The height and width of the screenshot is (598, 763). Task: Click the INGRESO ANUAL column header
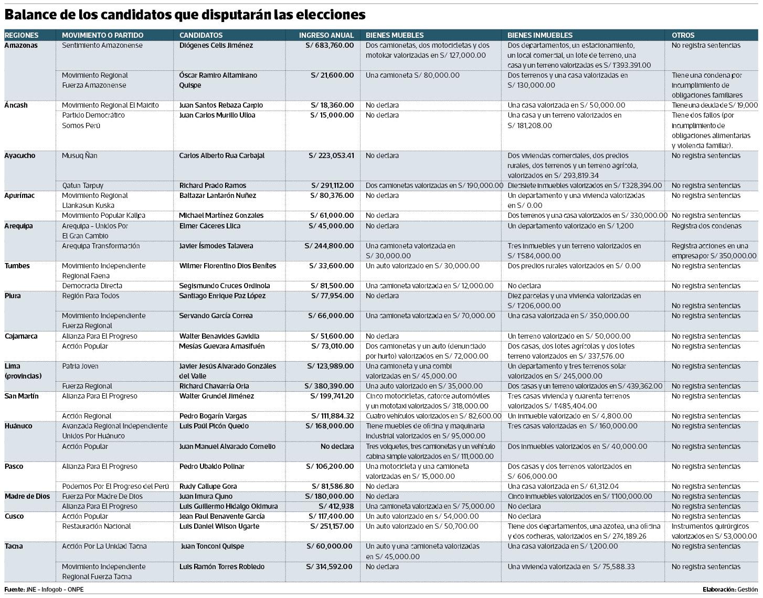(326, 35)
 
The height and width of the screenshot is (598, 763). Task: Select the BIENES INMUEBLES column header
(539, 35)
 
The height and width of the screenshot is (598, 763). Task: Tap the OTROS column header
(683, 35)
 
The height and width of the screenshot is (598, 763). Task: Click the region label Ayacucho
(20, 155)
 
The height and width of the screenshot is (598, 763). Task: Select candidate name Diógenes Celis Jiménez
(216, 45)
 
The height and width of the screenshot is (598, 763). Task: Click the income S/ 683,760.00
(329, 45)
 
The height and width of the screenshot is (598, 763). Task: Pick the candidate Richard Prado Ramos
(213, 185)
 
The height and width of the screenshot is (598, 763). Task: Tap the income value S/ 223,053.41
(331, 155)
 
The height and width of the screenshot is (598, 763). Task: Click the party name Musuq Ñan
(79, 155)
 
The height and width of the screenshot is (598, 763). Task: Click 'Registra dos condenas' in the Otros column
(706, 226)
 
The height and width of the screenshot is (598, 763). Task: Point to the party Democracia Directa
(92, 286)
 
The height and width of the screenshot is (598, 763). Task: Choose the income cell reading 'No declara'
(337, 446)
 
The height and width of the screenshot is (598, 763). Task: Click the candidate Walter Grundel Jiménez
(216, 396)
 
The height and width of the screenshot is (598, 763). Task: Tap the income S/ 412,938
(336, 506)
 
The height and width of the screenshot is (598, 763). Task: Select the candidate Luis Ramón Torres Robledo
(222, 566)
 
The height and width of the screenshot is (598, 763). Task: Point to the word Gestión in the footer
(747, 589)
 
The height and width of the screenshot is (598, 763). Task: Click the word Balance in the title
(29, 15)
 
